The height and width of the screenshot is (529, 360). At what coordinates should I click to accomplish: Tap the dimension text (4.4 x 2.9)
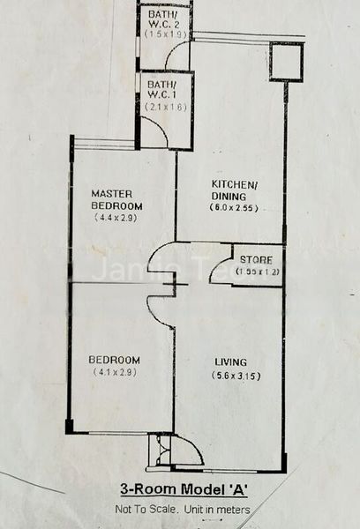click(117, 218)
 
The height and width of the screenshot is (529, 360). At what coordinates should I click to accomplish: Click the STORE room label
click(255, 259)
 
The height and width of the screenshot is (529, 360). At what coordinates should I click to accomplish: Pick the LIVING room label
click(229, 361)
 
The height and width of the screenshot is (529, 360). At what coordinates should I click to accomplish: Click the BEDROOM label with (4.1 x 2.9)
click(116, 360)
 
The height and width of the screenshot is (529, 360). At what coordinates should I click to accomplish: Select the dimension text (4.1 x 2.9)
click(116, 373)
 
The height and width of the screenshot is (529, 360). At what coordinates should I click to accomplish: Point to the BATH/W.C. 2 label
click(164, 19)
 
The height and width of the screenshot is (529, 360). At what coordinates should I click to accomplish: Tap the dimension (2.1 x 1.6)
click(165, 107)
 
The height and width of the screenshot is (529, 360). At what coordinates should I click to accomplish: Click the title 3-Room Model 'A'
click(184, 489)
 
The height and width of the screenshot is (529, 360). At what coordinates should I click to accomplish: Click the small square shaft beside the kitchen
click(286, 62)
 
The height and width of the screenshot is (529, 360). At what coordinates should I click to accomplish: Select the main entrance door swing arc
click(187, 451)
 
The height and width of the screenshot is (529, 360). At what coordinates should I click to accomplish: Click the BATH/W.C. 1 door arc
click(155, 132)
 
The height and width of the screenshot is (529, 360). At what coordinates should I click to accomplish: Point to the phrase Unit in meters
click(218, 510)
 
